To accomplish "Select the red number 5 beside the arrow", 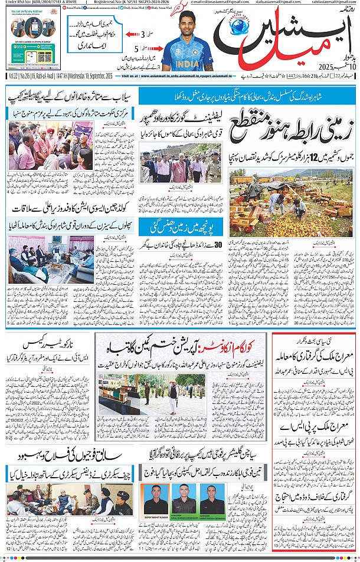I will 136,49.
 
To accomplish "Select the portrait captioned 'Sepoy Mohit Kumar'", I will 156,501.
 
